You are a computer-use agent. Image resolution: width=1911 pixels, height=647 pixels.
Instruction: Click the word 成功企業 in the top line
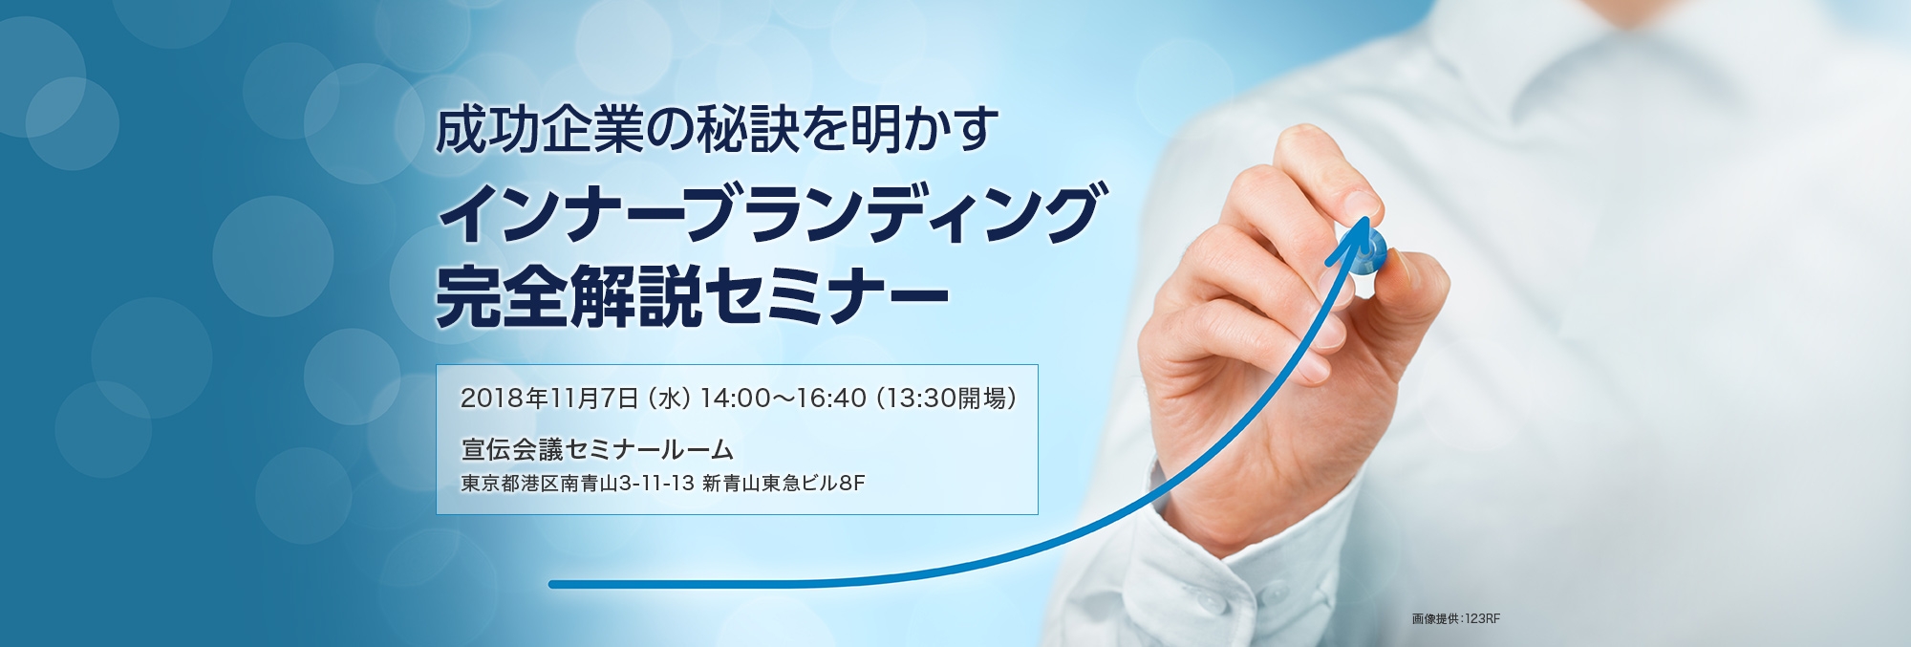click(x=540, y=131)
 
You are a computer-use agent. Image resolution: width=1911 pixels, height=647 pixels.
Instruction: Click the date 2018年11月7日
click(x=549, y=398)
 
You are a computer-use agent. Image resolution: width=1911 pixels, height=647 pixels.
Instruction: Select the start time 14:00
click(x=736, y=398)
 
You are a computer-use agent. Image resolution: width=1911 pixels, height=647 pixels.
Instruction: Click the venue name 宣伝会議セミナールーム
click(x=597, y=449)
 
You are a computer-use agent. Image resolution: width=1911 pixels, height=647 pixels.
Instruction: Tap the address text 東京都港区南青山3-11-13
click(x=577, y=484)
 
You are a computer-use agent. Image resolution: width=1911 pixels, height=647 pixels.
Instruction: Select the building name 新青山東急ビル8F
click(x=784, y=484)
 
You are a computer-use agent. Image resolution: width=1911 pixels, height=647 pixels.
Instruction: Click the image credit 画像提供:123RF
click(x=1456, y=619)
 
